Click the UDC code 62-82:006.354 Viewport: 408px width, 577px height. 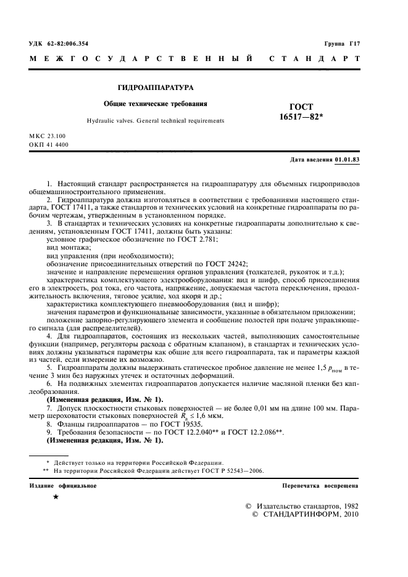67,44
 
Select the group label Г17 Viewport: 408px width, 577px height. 354,44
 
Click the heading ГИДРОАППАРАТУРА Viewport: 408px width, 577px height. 152,88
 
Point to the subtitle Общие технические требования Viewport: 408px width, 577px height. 155,104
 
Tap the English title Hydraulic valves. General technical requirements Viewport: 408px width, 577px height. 155,121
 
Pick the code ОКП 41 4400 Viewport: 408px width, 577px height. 49,145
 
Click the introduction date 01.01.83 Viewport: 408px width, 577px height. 347,160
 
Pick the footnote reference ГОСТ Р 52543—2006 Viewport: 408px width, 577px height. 232,470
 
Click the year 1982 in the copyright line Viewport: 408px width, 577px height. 347,505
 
